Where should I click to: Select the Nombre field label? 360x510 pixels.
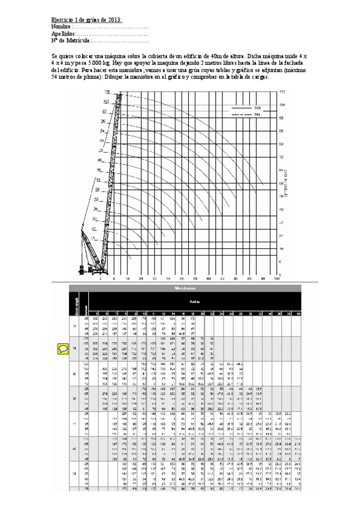(61, 27)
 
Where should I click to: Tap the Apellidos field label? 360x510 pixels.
(63, 34)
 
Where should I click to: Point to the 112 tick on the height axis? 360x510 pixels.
(282, 91)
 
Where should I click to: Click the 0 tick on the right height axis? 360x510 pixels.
(281, 274)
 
